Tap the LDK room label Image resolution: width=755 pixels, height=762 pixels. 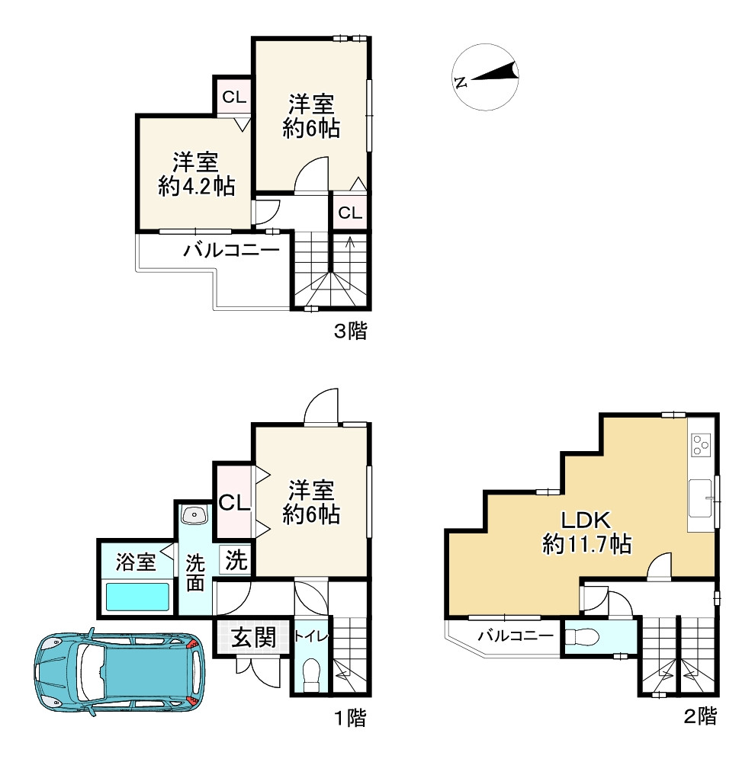586,520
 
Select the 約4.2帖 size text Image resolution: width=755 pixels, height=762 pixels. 197,186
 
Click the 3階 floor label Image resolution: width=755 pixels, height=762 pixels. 350,331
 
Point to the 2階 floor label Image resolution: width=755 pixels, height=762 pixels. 700,716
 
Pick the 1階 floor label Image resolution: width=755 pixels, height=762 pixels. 350,718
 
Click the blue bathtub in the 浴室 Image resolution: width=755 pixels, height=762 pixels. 138,597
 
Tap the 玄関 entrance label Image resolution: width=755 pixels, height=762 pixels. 253,637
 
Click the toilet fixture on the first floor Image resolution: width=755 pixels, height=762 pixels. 311,675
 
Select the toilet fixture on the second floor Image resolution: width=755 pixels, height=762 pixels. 584,636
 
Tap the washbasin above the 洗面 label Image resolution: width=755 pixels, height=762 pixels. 195,515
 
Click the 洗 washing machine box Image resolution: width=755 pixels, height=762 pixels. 236,560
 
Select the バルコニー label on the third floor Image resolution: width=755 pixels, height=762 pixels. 232,251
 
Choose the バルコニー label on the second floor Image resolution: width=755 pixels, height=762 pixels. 516,636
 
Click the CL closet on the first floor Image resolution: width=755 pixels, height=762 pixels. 234,502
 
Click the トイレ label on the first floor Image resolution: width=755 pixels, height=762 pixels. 311,636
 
